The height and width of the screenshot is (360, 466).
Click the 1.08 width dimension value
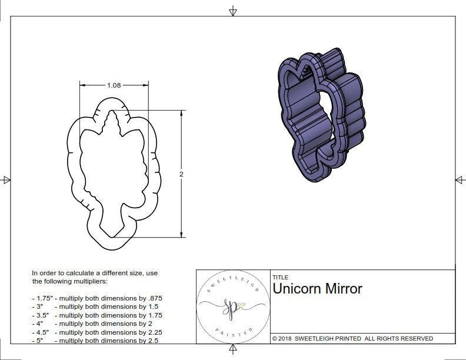pyautogui.click(x=114, y=85)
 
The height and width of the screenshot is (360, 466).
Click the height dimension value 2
pyautogui.click(x=181, y=174)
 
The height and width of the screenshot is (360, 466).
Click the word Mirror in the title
pyautogui.click(x=344, y=289)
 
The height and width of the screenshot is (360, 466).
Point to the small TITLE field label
pyautogui.click(x=279, y=277)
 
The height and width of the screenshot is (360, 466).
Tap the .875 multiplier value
pyautogui.click(x=153, y=298)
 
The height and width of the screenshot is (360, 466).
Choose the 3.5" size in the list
pyautogui.click(x=42, y=315)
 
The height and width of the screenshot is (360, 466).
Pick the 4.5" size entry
pyautogui.click(x=42, y=332)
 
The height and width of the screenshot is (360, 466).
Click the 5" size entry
pyautogui.click(x=39, y=341)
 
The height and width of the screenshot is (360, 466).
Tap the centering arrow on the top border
pyautogui.click(x=233, y=11)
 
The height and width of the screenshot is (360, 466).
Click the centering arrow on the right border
pyautogui.click(x=459, y=180)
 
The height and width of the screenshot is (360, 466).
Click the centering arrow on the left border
pyautogui.click(x=6, y=180)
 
